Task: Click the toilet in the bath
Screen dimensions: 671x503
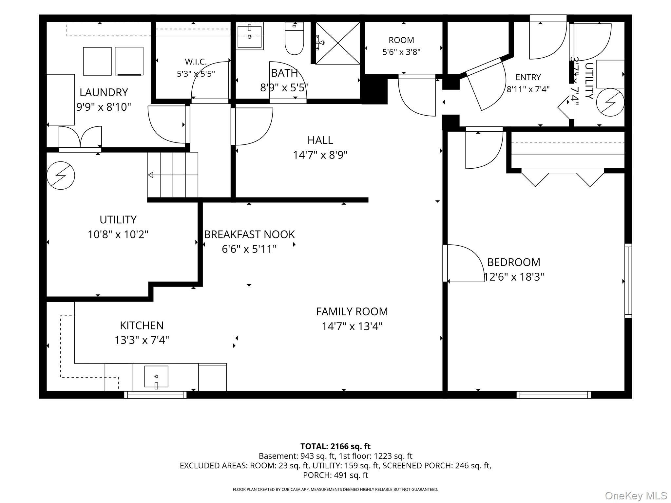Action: (x=294, y=38)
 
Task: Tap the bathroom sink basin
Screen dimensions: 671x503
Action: (x=250, y=36)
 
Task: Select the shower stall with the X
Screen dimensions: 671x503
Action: (x=337, y=43)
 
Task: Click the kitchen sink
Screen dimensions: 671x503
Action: (x=156, y=377)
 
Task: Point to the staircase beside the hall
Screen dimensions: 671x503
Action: (x=173, y=175)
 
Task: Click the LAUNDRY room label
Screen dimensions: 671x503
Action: (x=104, y=92)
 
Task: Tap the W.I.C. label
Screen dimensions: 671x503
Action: (x=196, y=62)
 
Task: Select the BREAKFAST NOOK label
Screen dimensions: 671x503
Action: (x=249, y=234)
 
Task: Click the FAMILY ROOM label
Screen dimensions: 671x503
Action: (x=352, y=311)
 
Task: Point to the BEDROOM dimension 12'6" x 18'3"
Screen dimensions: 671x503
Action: (x=514, y=277)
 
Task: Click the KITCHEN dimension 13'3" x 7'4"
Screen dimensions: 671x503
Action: (x=142, y=340)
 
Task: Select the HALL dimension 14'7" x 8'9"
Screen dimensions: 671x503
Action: (x=320, y=155)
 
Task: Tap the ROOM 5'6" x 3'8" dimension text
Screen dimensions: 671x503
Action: (x=401, y=52)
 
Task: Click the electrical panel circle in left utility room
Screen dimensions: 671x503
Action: (x=61, y=176)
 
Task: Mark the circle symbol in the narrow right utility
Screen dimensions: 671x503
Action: (x=610, y=102)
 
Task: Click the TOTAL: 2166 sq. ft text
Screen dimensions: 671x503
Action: (x=335, y=446)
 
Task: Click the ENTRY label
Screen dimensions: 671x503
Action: (x=528, y=77)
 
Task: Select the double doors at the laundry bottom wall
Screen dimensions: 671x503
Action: (x=80, y=139)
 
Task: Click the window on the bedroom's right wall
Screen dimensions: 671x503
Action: (x=628, y=281)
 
